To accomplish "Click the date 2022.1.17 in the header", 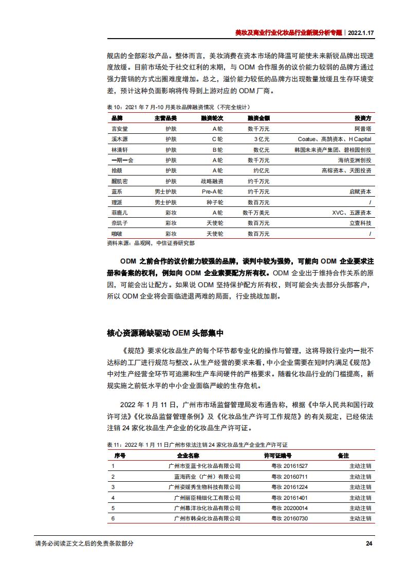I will [x=362, y=31].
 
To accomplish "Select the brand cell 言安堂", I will [x=119, y=128].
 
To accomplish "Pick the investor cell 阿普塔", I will [x=362, y=128].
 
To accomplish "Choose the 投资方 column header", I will [x=363, y=118].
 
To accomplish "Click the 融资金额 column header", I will [x=258, y=118].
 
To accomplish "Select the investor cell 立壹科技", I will [x=360, y=222].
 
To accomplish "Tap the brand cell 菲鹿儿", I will [x=119, y=212].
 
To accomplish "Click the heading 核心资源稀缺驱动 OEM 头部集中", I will [x=165, y=333].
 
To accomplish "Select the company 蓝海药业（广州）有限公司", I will [x=207, y=476].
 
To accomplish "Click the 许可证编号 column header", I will [x=278, y=456].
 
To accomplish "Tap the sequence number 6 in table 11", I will [x=113, y=518].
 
